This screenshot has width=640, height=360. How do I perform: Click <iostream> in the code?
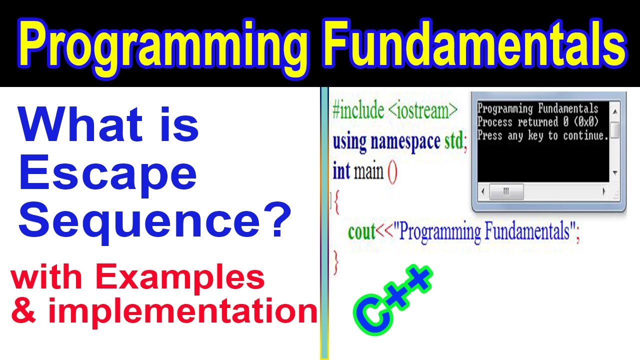click(422, 111)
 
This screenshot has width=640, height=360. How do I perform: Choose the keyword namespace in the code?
click(406, 142)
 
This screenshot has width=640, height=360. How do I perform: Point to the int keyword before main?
click(341, 172)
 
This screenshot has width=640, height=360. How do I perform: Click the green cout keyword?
click(361, 232)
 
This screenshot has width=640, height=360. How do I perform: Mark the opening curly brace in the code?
click(336, 203)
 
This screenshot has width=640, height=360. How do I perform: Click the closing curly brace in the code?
click(336, 261)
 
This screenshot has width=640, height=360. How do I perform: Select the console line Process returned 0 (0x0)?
click(538, 122)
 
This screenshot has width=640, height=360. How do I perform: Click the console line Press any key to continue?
click(543, 135)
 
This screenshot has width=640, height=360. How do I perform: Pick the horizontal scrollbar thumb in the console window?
click(505, 191)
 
